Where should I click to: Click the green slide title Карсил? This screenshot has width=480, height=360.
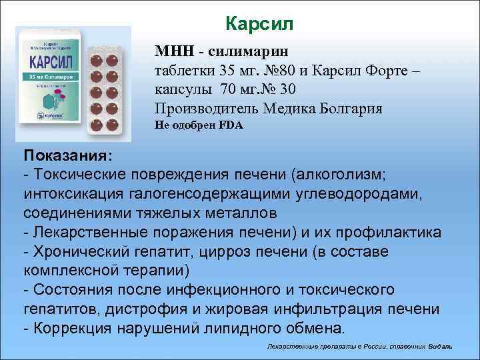(259, 25)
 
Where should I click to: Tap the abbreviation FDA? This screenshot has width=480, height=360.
(233, 125)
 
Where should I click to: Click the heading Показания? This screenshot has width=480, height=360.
(67, 155)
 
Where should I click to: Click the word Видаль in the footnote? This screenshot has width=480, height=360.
(441, 347)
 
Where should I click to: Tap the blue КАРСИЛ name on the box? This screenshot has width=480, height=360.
(51, 65)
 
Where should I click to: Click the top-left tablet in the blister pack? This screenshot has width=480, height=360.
(95, 59)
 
